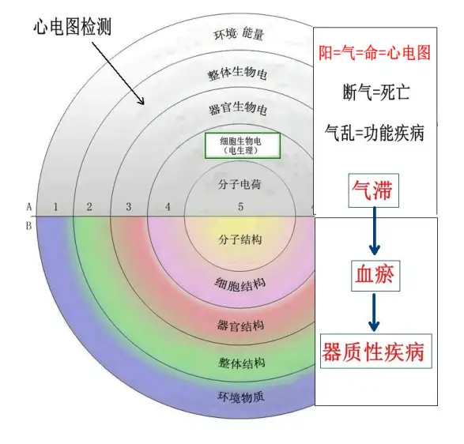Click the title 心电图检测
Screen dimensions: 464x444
72,27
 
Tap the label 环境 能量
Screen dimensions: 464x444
239,34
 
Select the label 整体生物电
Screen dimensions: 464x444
238,73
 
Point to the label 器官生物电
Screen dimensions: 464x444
238,108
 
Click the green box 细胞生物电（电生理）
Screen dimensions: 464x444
243,145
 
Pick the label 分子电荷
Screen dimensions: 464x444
240,185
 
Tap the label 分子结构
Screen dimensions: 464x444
240,239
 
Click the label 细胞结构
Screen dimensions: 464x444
240,284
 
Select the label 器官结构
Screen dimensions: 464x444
240,325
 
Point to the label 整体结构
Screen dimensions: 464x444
241,363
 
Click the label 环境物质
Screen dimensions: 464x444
240,397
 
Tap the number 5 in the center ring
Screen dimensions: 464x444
240,207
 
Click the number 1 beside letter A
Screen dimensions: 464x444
55,207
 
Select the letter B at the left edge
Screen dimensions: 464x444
28,226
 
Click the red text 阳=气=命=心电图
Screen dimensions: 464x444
375,53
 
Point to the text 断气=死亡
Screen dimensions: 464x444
376,92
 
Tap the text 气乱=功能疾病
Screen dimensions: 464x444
375,133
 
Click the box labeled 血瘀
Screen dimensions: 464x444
375,276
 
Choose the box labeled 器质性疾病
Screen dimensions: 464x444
376,351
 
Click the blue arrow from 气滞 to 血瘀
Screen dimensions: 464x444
375,231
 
